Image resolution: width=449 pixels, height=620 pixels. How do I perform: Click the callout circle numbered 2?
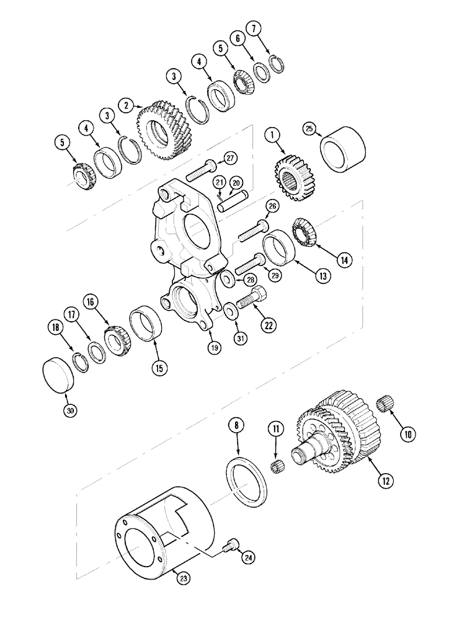click(x=127, y=105)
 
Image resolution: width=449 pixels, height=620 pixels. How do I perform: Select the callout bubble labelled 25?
click(x=309, y=128)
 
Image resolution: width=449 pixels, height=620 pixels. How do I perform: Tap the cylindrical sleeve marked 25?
click(x=343, y=151)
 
